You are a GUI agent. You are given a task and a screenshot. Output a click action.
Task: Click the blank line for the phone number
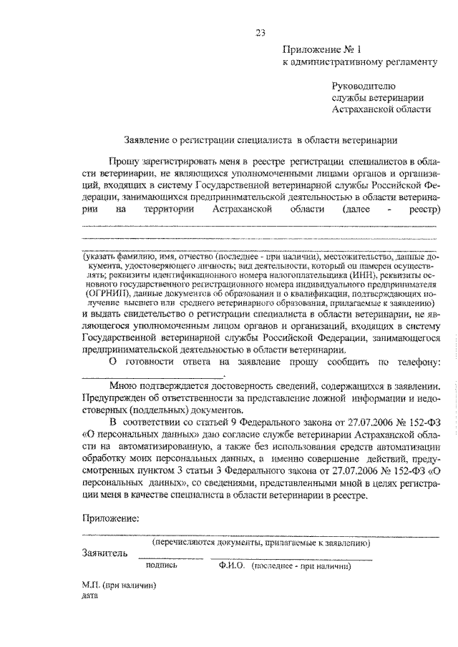tap(154, 376)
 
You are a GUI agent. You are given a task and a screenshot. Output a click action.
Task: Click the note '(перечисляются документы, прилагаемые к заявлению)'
tap(255, 543)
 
